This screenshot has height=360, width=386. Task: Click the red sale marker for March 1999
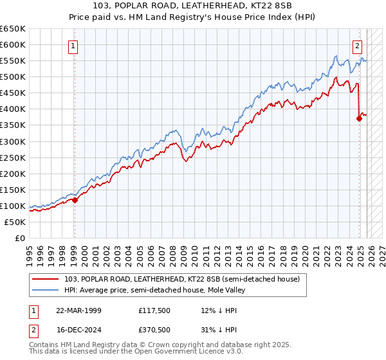click(75, 200)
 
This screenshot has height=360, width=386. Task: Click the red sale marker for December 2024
click(359, 118)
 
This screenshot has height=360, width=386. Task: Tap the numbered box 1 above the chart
click(74, 46)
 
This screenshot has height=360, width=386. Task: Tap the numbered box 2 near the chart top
click(357, 46)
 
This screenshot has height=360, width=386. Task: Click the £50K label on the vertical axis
click(15, 222)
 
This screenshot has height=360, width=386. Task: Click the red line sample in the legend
click(48, 279)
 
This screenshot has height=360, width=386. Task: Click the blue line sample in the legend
click(48, 290)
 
